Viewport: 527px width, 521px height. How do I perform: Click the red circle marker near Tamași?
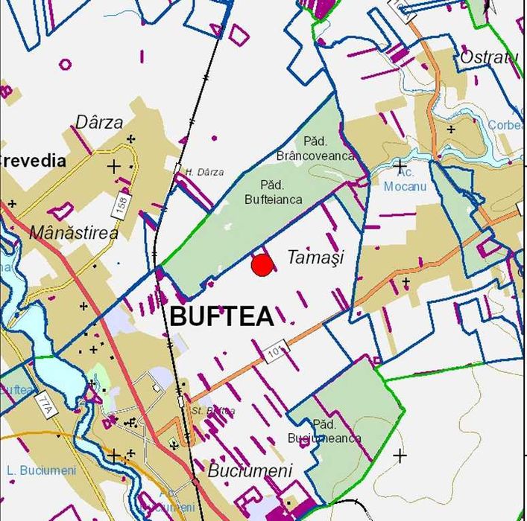click(x=262, y=266)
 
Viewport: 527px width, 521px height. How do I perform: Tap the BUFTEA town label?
click(x=221, y=316)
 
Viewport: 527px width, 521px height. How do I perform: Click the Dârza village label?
click(x=99, y=122)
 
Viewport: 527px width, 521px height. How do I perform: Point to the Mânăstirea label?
click(x=73, y=233)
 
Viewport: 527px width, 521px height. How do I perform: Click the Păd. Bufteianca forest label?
click(x=273, y=192)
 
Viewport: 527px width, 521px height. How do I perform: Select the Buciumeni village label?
click(x=250, y=470)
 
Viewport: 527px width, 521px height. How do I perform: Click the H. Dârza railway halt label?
click(x=204, y=172)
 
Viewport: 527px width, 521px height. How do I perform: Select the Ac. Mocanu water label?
click(x=405, y=179)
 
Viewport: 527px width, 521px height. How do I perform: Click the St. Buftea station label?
click(x=213, y=411)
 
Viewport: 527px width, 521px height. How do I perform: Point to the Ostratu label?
click(x=488, y=57)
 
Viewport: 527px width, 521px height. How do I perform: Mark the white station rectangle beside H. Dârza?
click(x=179, y=169)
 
